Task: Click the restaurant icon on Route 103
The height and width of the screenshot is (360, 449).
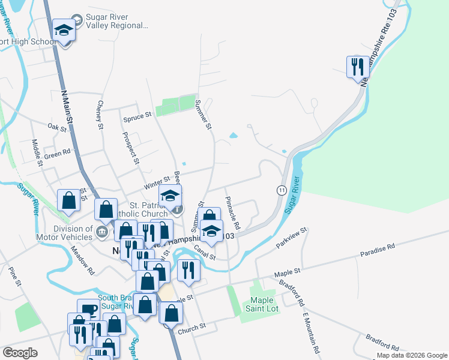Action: click(358, 67)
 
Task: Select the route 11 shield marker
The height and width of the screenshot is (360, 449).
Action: click(280, 190)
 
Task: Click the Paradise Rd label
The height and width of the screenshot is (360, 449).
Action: click(378, 247)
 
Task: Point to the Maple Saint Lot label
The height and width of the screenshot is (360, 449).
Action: click(262, 304)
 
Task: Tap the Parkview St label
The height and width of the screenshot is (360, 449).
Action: click(291, 238)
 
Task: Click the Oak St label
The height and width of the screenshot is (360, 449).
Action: click(57, 127)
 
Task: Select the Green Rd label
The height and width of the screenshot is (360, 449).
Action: click(57, 154)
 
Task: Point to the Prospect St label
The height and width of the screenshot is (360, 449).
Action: click(132, 149)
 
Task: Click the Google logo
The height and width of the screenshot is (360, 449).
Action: click(20, 353)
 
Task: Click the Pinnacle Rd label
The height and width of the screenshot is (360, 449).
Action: click(232, 213)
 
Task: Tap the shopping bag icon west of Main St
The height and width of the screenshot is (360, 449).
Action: click(68, 200)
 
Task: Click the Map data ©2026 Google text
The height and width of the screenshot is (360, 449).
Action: click(412, 355)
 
